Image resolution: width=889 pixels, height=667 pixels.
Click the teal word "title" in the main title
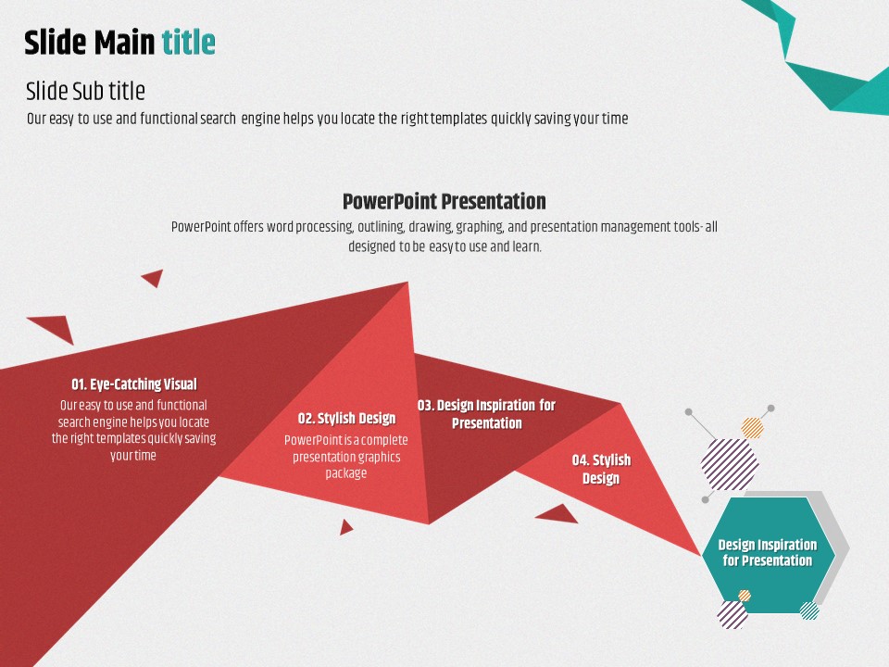point(188,43)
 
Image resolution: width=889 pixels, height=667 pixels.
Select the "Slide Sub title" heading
point(85,91)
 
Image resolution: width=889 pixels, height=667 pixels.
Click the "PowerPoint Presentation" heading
point(444,201)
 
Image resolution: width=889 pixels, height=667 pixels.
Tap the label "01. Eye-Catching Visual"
point(133,384)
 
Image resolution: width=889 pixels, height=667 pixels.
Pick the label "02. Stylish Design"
point(346,418)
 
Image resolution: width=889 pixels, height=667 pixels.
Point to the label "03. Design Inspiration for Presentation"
point(486,414)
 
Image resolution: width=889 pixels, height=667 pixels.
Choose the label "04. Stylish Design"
point(601,469)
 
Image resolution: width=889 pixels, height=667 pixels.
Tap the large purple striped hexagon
point(730,464)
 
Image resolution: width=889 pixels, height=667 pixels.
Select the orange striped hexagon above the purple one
point(752,428)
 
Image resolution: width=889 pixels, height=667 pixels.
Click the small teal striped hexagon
point(809,610)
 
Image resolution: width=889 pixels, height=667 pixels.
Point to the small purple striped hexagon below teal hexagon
point(732,615)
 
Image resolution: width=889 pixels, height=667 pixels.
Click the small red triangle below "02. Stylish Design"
point(345,527)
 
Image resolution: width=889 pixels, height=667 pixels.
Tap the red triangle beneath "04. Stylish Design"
point(557,513)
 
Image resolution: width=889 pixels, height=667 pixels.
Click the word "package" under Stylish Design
point(345,473)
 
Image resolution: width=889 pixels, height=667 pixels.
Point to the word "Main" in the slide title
point(124,43)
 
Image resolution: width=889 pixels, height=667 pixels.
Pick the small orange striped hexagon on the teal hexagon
point(745,596)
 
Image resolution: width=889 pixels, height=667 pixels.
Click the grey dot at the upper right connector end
point(771,409)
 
